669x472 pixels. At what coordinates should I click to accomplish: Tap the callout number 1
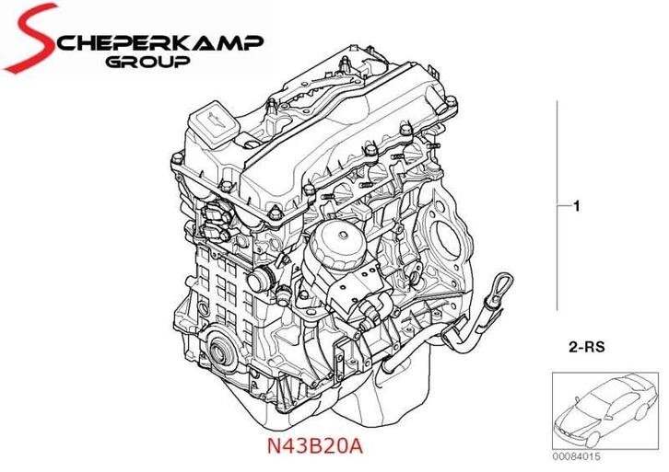576,208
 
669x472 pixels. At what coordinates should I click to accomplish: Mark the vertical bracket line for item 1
557,208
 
